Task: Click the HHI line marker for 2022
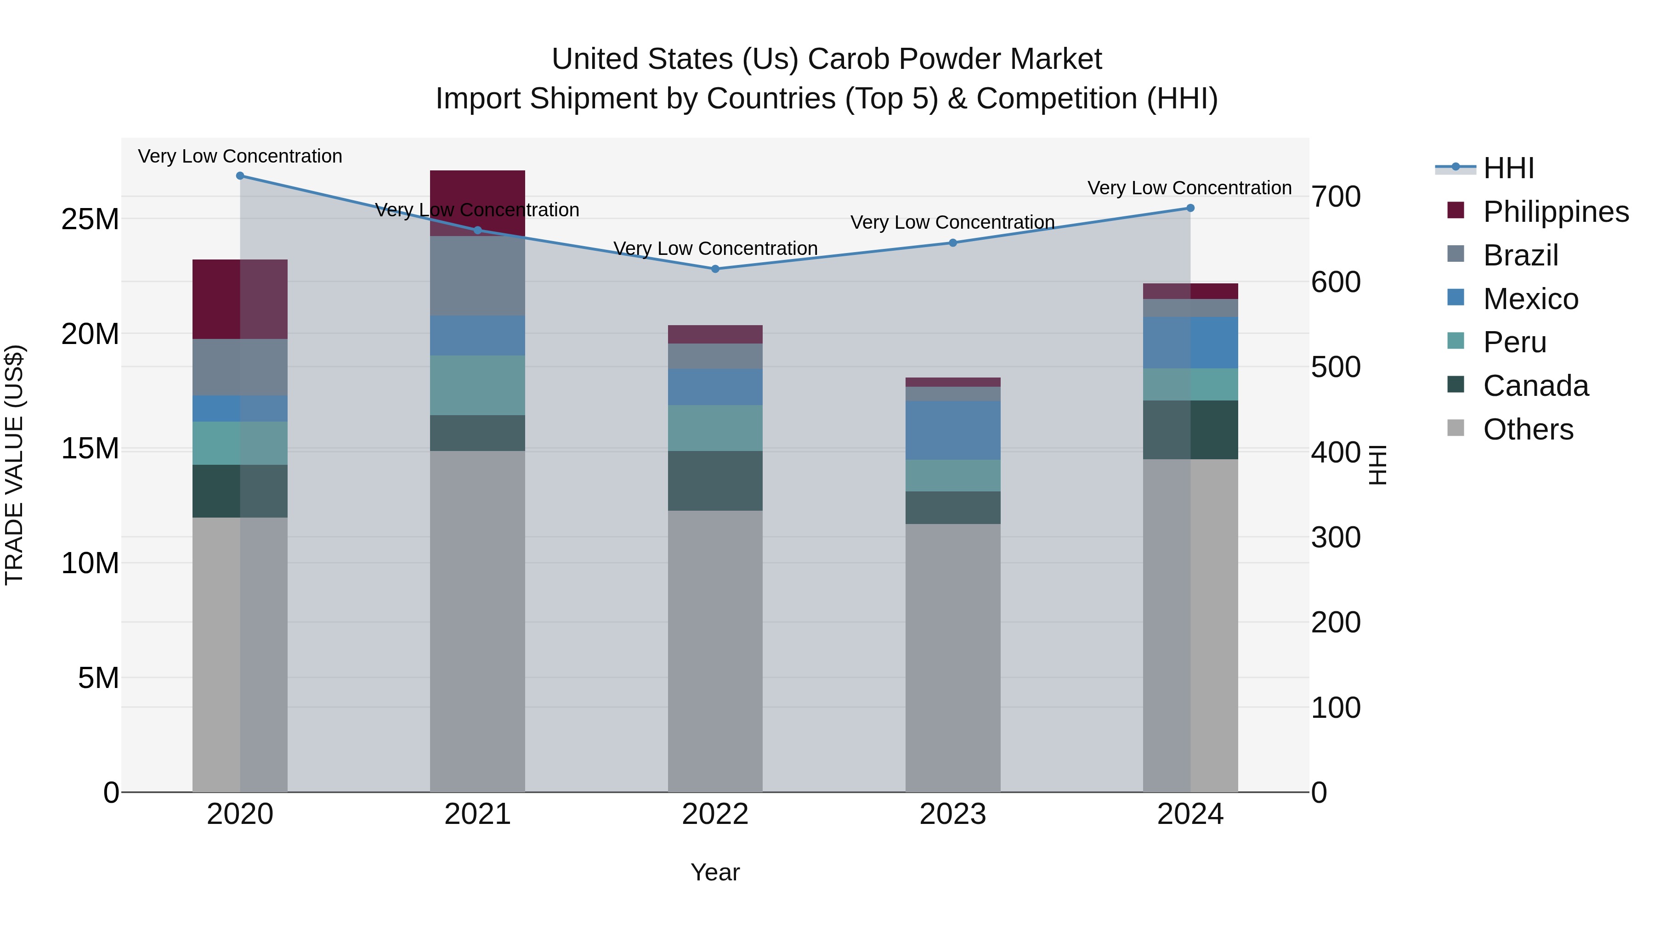[x=715, y=269]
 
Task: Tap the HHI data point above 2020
[x=240, y=176]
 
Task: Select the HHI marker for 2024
[x=1190, y=208]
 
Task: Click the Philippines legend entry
[x=1555, y=212]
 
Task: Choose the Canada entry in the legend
[x=1535, y=386]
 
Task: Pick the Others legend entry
[x=1528, y=429]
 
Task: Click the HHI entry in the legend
[x=1508, y=168]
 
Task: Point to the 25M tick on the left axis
[x=90, y=220]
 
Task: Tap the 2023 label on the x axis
[x=952, y=814]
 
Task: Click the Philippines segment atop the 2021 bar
[x=477, y=199]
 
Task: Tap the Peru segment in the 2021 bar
[x=477, y=385]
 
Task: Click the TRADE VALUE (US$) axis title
[x=14, y=465]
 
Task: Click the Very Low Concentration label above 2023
[x=952, y=223]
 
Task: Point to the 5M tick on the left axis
[x=98, y=678]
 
